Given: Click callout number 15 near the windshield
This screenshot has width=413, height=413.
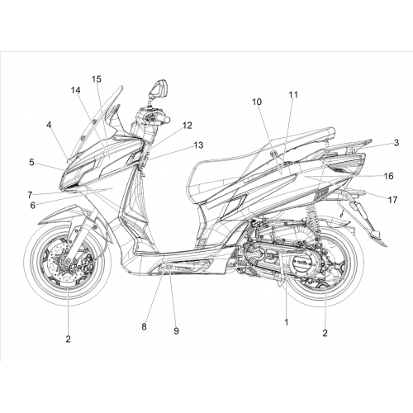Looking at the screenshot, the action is click(97, 79).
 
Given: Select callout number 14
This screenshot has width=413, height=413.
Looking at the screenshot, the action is click(75, 90).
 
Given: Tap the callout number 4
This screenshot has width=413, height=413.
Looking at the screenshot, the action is click(49, 125).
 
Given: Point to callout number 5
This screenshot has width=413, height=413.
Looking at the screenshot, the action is click(31, 163).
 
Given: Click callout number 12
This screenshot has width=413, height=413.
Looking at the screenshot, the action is click(188, 126).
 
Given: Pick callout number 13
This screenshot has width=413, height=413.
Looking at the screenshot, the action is click(198, 145).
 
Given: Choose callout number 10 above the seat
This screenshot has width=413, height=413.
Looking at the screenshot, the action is click(257, 102).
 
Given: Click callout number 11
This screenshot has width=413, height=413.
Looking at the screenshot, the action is click(293, 95).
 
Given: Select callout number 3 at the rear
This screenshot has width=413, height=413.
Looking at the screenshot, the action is click(396, 143).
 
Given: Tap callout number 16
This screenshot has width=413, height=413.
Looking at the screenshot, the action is click(389, 176).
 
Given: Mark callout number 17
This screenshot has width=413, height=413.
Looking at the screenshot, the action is click(392, 200).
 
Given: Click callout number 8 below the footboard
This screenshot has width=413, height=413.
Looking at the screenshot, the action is click(144, 327).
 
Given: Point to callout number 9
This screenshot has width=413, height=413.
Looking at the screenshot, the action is click(177, 330).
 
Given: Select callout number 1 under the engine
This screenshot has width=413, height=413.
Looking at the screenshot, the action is click(287, 322).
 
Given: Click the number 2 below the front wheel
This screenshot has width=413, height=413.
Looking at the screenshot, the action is click(68, 339).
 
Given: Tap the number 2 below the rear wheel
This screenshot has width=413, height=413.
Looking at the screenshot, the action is click(325, 333).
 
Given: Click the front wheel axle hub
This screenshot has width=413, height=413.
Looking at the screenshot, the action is click(67, 263).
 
